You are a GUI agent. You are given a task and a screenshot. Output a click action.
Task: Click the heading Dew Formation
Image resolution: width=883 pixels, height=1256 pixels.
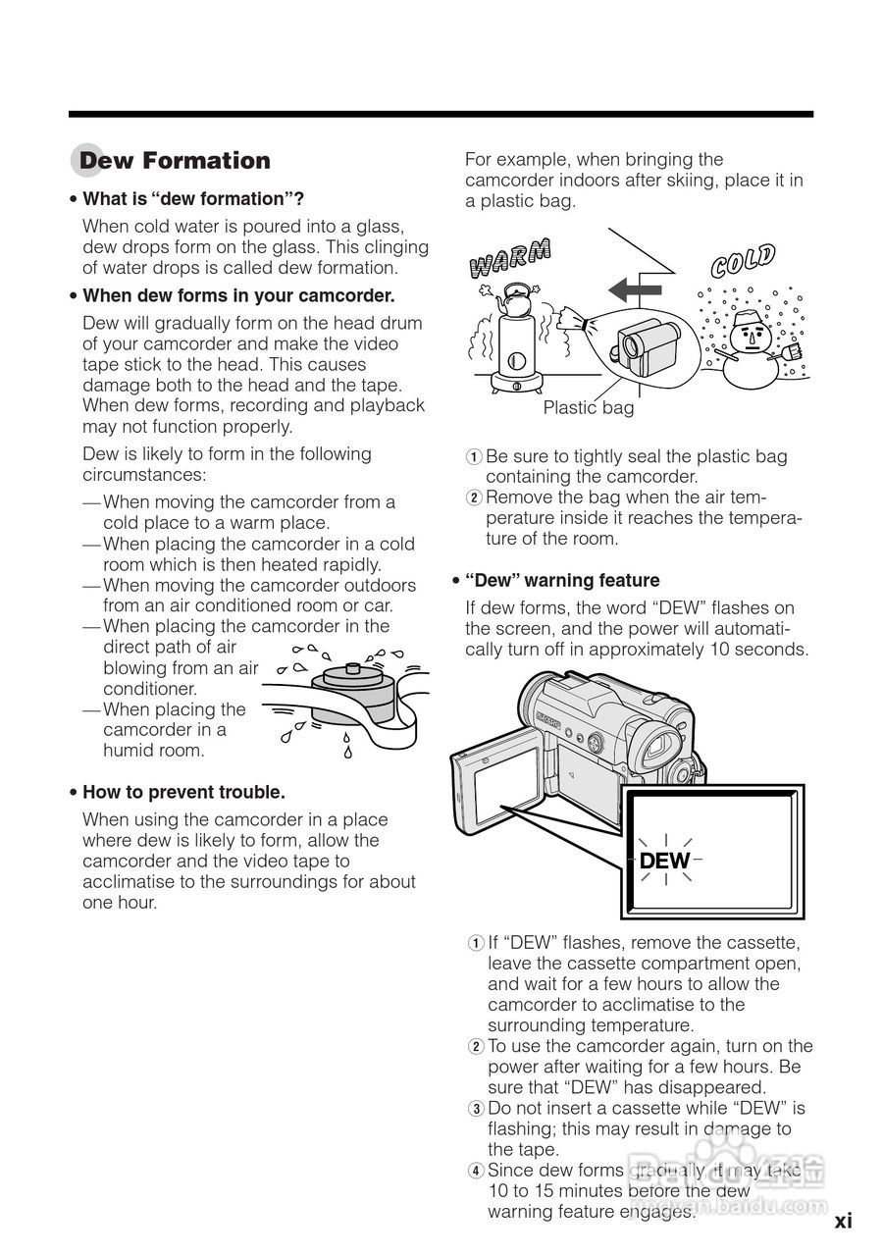point(175,161)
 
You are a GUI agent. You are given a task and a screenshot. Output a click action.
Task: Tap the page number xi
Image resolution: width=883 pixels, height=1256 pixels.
point(843,1222)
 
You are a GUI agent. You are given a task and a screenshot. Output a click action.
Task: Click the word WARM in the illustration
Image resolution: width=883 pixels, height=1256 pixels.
point(510,257)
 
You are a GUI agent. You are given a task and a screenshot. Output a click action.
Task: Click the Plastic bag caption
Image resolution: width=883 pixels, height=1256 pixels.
point(589,408)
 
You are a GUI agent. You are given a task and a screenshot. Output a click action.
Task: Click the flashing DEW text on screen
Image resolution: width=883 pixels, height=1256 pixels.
point(664,862)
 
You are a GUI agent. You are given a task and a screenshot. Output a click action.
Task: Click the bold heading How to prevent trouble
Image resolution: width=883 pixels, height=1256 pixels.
point(183,792)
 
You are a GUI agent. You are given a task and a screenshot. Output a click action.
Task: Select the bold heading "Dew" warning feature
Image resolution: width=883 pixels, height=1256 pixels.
point(562,580)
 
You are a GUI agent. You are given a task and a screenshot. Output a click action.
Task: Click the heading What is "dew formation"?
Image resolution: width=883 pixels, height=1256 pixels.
point(192,198)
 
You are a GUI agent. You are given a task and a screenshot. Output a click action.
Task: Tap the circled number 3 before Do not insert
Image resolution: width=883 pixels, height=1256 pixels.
point(475,1108)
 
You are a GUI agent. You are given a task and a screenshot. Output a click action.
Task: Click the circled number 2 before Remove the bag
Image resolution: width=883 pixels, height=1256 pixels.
point(473,497)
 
